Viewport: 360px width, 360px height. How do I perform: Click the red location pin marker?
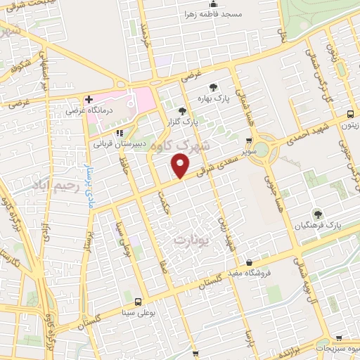click(x=180, y=167)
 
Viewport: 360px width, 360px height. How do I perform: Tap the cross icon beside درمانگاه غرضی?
click(x=89, y=100)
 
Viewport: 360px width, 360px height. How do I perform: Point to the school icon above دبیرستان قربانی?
click(x=119, y=132)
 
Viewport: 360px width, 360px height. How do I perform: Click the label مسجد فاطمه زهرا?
click(x=212, y=14)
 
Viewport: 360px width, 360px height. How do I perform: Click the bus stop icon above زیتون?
click(x=350, y=115)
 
